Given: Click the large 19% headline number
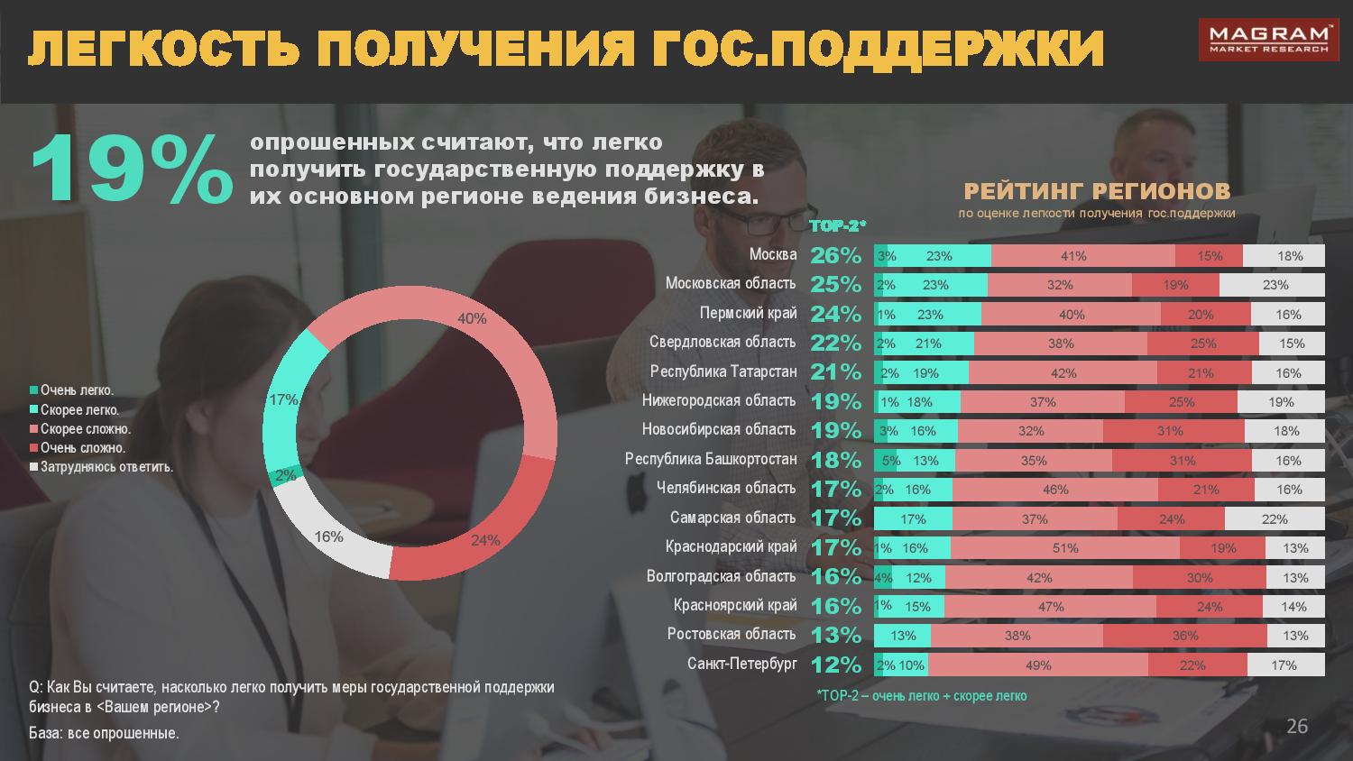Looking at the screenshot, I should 131,170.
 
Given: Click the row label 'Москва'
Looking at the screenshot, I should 773,255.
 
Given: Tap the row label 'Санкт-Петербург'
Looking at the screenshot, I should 742,665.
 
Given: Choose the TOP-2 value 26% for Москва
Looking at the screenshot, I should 836,255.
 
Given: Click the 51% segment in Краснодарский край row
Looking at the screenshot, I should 1065,548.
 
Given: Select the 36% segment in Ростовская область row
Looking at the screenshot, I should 1184,636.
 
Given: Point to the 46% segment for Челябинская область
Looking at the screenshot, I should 1055,490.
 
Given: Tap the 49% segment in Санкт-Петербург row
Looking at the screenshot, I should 1038,665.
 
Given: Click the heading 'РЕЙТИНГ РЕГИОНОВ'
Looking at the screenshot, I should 1097,191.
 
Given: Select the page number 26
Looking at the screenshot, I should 1296,727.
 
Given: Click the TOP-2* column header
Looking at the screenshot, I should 838,226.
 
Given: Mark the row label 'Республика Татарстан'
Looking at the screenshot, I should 723,372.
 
